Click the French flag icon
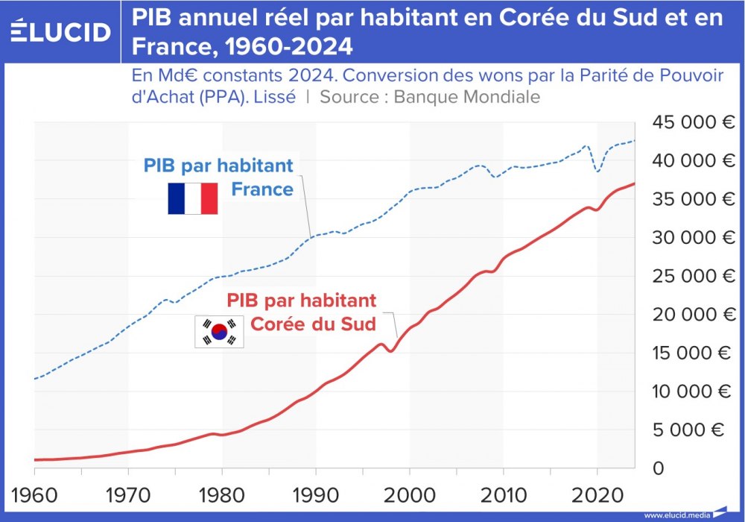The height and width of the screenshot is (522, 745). coord(192,198)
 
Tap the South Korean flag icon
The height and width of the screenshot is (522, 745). coord(219,332)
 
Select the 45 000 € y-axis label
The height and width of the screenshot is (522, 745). coord(690,122)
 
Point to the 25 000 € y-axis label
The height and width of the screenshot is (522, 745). coord(690,276)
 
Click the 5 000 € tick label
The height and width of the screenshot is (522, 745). coord(694,430)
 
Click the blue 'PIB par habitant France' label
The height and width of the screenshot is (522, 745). coord(219,177)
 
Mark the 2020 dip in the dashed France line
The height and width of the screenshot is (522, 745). coord(597,171)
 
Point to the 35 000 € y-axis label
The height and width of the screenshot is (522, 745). coord(690,199)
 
